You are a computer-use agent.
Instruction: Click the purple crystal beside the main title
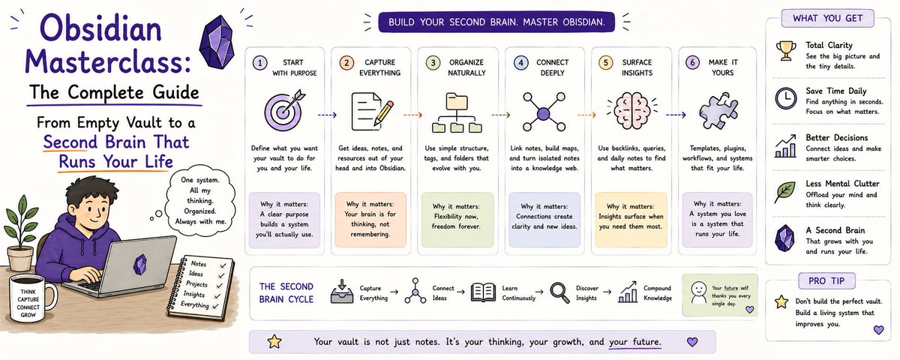(x=217, y=41)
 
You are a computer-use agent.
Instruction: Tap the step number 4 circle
(x=520, y=63)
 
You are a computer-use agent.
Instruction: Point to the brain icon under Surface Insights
(x=631, y=110)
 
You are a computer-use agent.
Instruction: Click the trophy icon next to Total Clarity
(x=786, y=51)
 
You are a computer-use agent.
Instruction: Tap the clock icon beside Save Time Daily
(x=786, y=98)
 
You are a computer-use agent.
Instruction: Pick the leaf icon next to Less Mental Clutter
(x=785, y=192)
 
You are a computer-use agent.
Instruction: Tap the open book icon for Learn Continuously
(x=482, y=292)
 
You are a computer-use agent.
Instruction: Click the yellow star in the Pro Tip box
(x=781, y=301)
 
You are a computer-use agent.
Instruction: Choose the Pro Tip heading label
(x=826, y=280)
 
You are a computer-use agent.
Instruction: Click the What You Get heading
(x=828, y=18)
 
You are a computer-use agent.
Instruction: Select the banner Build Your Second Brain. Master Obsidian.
(x=496, y=22)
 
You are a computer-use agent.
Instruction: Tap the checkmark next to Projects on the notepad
(x=219, y=286)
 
